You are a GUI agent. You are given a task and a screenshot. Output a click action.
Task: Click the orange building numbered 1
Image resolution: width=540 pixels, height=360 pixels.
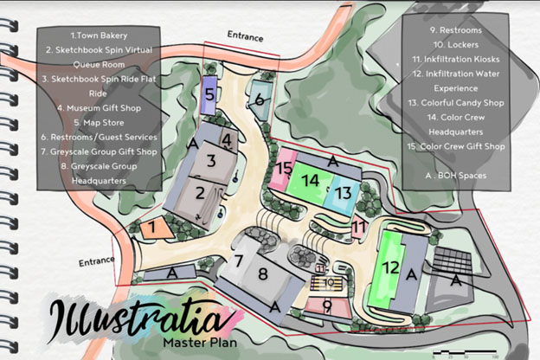point(151,228)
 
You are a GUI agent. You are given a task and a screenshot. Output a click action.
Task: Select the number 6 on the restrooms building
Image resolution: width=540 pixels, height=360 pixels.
point(258,100)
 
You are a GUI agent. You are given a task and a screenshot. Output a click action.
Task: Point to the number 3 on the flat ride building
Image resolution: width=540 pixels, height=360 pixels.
point(210,160)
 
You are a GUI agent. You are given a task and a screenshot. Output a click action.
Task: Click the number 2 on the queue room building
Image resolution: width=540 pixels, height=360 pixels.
point(200,193)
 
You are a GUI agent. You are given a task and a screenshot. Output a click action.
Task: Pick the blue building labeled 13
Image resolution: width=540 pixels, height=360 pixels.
point(343,192)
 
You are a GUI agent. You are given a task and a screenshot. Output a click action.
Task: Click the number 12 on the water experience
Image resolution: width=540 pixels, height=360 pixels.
point(391,268)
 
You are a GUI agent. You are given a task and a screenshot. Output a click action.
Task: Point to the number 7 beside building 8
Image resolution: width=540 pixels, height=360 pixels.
point(238,261)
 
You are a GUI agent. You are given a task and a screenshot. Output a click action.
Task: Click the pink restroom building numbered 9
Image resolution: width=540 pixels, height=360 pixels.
point(327,305)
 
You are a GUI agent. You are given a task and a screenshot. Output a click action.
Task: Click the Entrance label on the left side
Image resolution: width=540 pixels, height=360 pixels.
point(96,261)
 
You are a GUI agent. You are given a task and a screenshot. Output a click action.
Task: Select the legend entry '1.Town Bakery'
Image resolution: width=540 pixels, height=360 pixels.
point(99,35)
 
